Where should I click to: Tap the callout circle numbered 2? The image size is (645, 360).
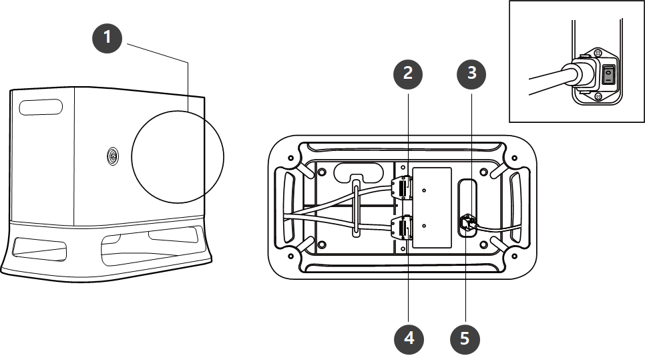coord(409,74)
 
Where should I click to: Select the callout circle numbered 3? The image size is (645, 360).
coord(471,74)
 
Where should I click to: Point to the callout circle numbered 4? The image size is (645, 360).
coord(409,339)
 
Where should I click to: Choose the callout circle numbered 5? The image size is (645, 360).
coord(465,339)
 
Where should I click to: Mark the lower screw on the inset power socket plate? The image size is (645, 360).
coord(598,99)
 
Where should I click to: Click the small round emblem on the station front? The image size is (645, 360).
coord(112,157)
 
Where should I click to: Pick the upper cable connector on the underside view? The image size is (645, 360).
coord(402,189)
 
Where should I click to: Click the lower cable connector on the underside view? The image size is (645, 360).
coord(403,229)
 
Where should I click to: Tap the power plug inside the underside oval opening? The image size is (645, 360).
coord(467,223)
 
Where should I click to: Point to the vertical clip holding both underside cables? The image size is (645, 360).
coord(357,207)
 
